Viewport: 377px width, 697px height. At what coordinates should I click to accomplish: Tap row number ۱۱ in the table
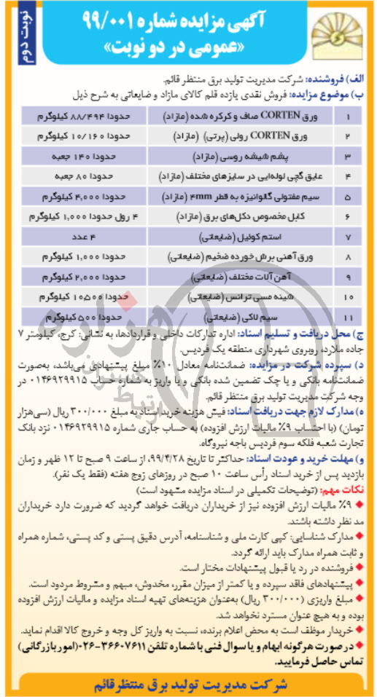pos(351,318)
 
